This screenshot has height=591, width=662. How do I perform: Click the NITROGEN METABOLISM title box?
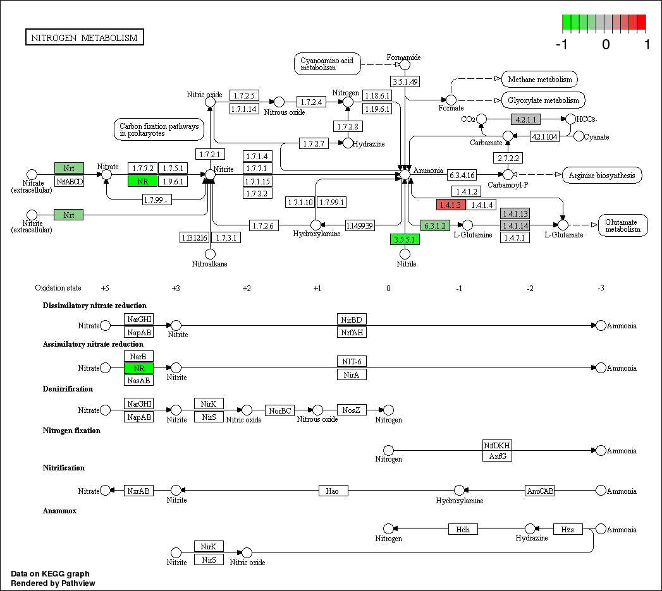click(x=85, y=38)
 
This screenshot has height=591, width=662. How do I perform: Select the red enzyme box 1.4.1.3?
click(x=451, y=205)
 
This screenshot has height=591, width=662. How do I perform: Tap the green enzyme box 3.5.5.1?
click(x=405, y=239)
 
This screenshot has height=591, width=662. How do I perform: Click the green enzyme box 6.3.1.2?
click(x=435, y=225)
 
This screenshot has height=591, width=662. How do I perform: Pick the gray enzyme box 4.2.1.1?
click(x=526, y=119)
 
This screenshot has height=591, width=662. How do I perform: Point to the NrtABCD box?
click(x=69, y=182)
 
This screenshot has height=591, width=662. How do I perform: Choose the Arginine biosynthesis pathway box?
click(x=602, y=175)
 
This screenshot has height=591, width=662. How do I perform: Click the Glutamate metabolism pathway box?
click(x=623, y=225)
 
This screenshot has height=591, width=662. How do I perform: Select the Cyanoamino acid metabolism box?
click(x=327, y=63)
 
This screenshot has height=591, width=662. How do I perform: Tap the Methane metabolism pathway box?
click(x=539, y=80)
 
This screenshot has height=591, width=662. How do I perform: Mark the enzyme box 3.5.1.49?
click(x=405, y=81)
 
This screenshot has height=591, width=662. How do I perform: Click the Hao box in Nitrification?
click(x=333, y=491)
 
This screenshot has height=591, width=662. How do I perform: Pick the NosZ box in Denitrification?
click(x=352, y=410)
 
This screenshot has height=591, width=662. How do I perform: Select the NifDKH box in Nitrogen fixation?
click(x=497, y=445)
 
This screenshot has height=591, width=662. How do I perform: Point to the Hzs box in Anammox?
click(x=567, y=529)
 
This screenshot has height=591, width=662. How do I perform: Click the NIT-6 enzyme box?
click(x=352, y=362)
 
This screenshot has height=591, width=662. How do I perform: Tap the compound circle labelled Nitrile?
click(x=405, y=254)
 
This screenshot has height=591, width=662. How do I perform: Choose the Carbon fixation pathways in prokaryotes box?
click(x=159, y=129)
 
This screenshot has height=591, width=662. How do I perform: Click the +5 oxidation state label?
click(x=105, y=288)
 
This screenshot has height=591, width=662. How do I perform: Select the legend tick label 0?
click(x=606, y=45)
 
